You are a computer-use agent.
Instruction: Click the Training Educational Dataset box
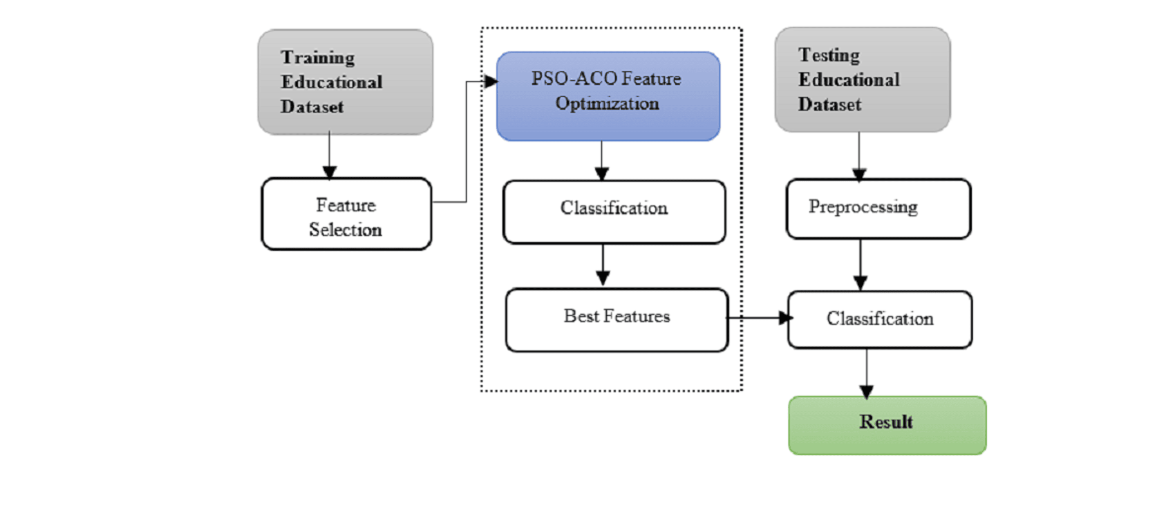point(345,82)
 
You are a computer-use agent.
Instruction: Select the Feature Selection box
point(346,214)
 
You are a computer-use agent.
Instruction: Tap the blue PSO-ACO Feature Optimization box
point(608,96)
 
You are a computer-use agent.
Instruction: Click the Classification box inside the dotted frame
point(614,212)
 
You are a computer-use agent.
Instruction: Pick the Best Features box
point(617,320)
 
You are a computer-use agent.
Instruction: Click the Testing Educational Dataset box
point(862,80)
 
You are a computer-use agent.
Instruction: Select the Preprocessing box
point(879,208)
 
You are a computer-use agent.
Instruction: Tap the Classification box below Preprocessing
point(880,319)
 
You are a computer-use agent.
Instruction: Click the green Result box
point(887,425)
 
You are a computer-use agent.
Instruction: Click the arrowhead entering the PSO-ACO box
point(491,82)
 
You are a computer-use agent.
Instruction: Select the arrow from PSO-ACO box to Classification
point(602,161)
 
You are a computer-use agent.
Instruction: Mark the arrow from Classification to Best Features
point(603,265)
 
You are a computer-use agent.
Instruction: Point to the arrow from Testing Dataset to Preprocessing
point(859,157)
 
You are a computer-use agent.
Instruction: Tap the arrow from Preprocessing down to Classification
point(860,265)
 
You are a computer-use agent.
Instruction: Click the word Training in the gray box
point(318,58)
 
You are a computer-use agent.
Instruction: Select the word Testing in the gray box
point(829,56)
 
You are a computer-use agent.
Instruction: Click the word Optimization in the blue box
point(607,103)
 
